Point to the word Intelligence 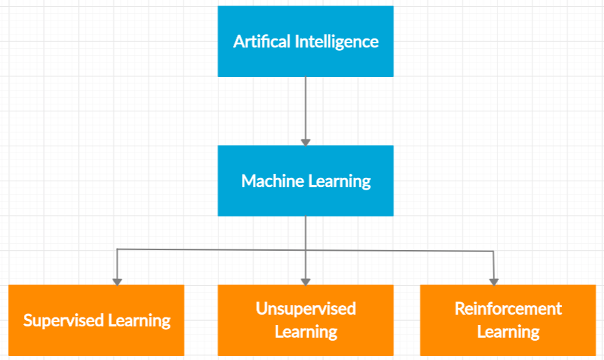click(x=337, y=41)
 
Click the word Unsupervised click(x=306, y=308)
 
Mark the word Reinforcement click(x=508, y=308)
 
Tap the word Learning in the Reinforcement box click(x=508, y=333)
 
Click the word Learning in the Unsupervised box click(x=306, y=333)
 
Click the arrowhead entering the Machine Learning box click(x=306, y=142)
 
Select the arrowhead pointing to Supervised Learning click(x=118, y=281)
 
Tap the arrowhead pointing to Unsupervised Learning click(x=306, y=281)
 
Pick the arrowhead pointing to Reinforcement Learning click(x=493, y=281)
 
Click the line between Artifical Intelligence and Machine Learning click(x=306, y=106)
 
